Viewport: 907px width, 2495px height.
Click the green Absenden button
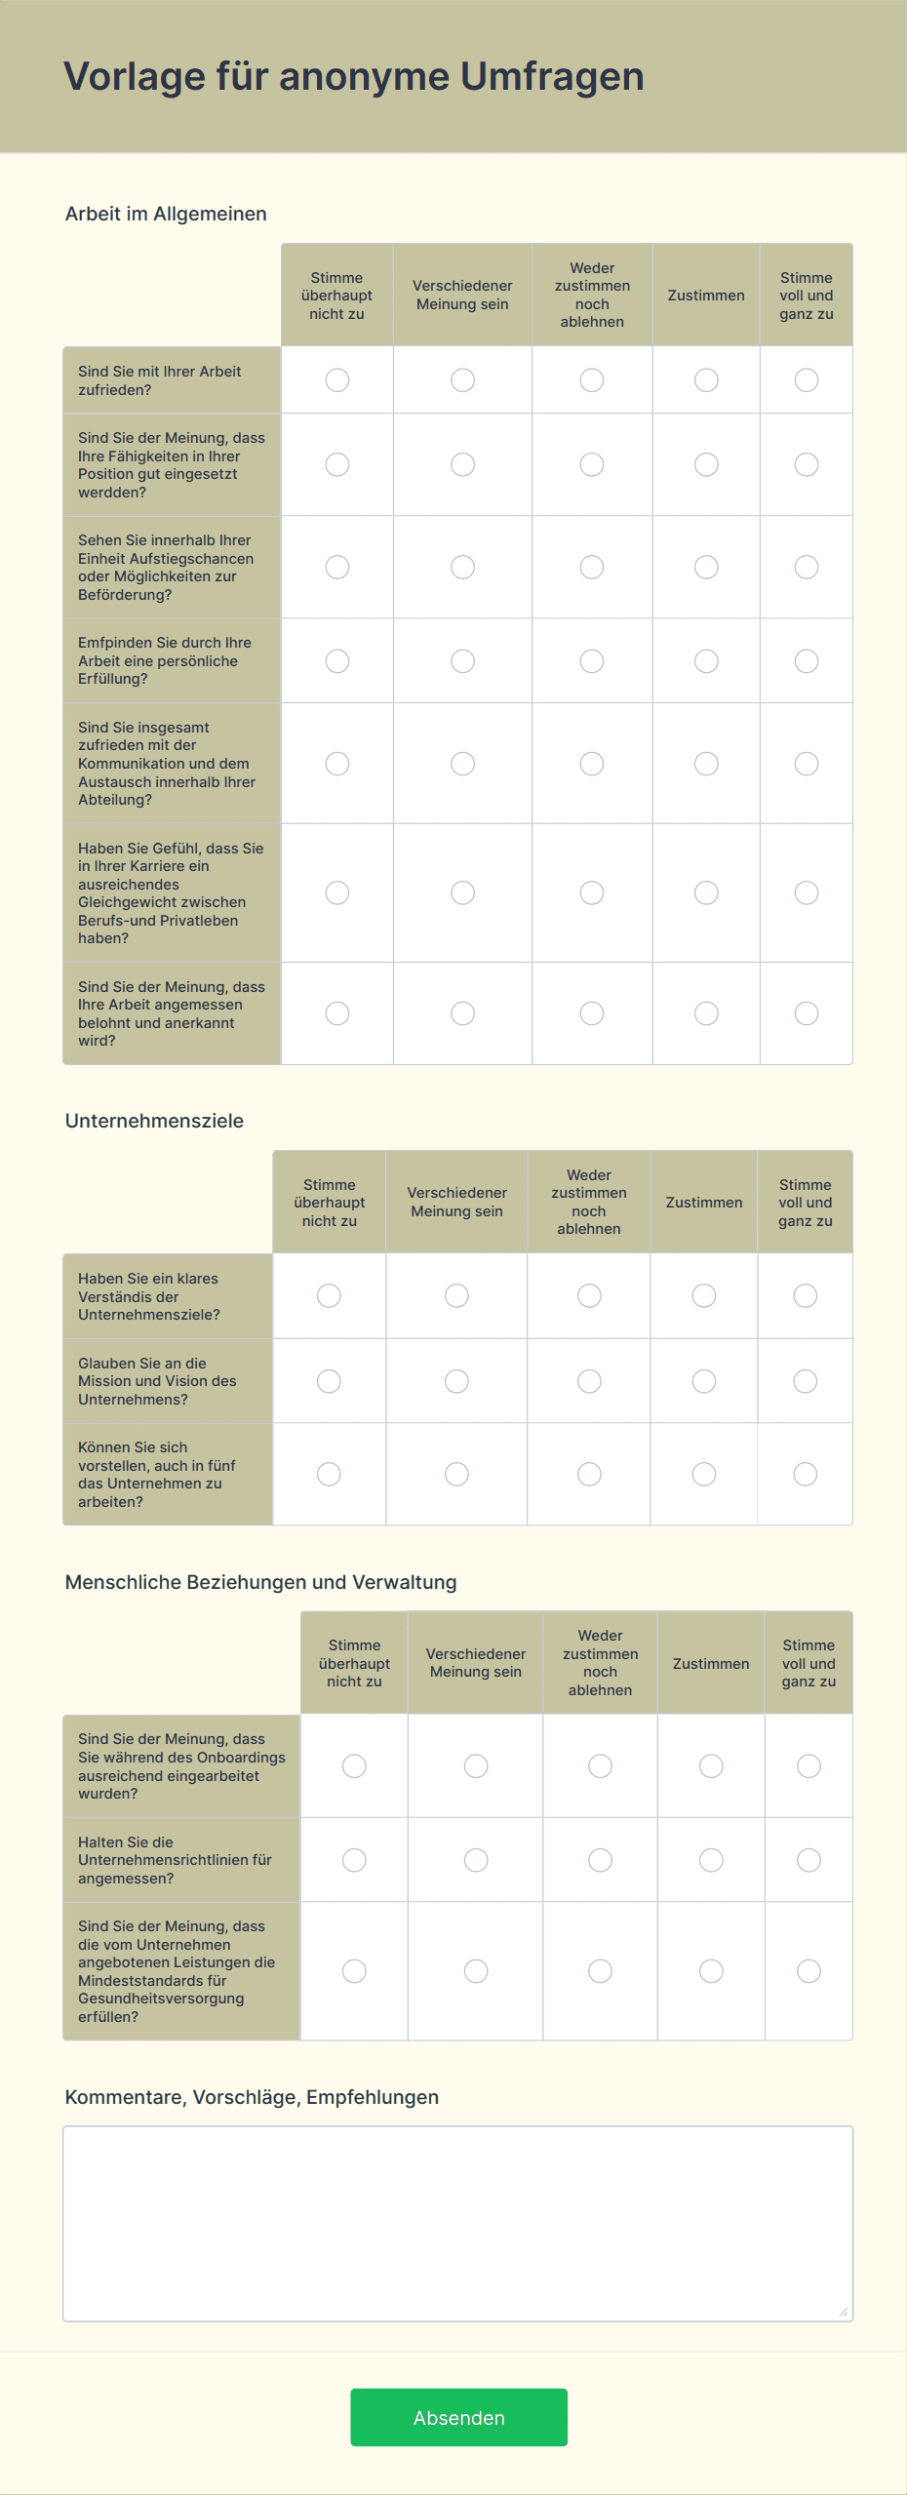[458, 2417]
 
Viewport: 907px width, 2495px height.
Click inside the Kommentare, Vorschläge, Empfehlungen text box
[457, 2223]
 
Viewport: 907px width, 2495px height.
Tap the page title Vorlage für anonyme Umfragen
[353, 76]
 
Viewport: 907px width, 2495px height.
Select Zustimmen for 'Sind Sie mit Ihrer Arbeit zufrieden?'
[706, 380]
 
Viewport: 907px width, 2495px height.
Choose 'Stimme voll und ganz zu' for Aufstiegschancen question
[807, 567]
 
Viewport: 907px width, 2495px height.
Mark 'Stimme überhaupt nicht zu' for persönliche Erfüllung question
[337, 661]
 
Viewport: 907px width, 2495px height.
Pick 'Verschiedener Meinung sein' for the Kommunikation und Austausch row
[462, 764]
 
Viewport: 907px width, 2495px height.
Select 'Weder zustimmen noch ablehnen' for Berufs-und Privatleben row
[592, 892]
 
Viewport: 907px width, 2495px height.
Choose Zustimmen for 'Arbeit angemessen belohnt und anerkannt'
[706, 1013]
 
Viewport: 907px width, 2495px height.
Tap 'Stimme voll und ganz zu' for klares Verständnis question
[806, 1295]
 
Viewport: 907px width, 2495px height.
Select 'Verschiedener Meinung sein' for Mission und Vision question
[456, 1381]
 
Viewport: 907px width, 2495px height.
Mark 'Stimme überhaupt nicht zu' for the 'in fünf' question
[330, 1474]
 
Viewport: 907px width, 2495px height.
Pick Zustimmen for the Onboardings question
[711, 1765]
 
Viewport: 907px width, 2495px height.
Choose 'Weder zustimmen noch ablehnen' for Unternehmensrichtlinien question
[600, 1860]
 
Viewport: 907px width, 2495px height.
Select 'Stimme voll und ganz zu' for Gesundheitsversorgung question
[808, 1971]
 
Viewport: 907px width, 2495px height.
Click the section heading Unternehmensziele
[154, 1121]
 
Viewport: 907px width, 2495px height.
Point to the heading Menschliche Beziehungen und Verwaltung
[260, 1582]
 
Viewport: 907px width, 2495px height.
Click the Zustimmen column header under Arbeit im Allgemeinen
[706, 296]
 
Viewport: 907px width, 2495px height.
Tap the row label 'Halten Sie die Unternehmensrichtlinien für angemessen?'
[175, 1860]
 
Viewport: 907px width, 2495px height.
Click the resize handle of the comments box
[844, 2312]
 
